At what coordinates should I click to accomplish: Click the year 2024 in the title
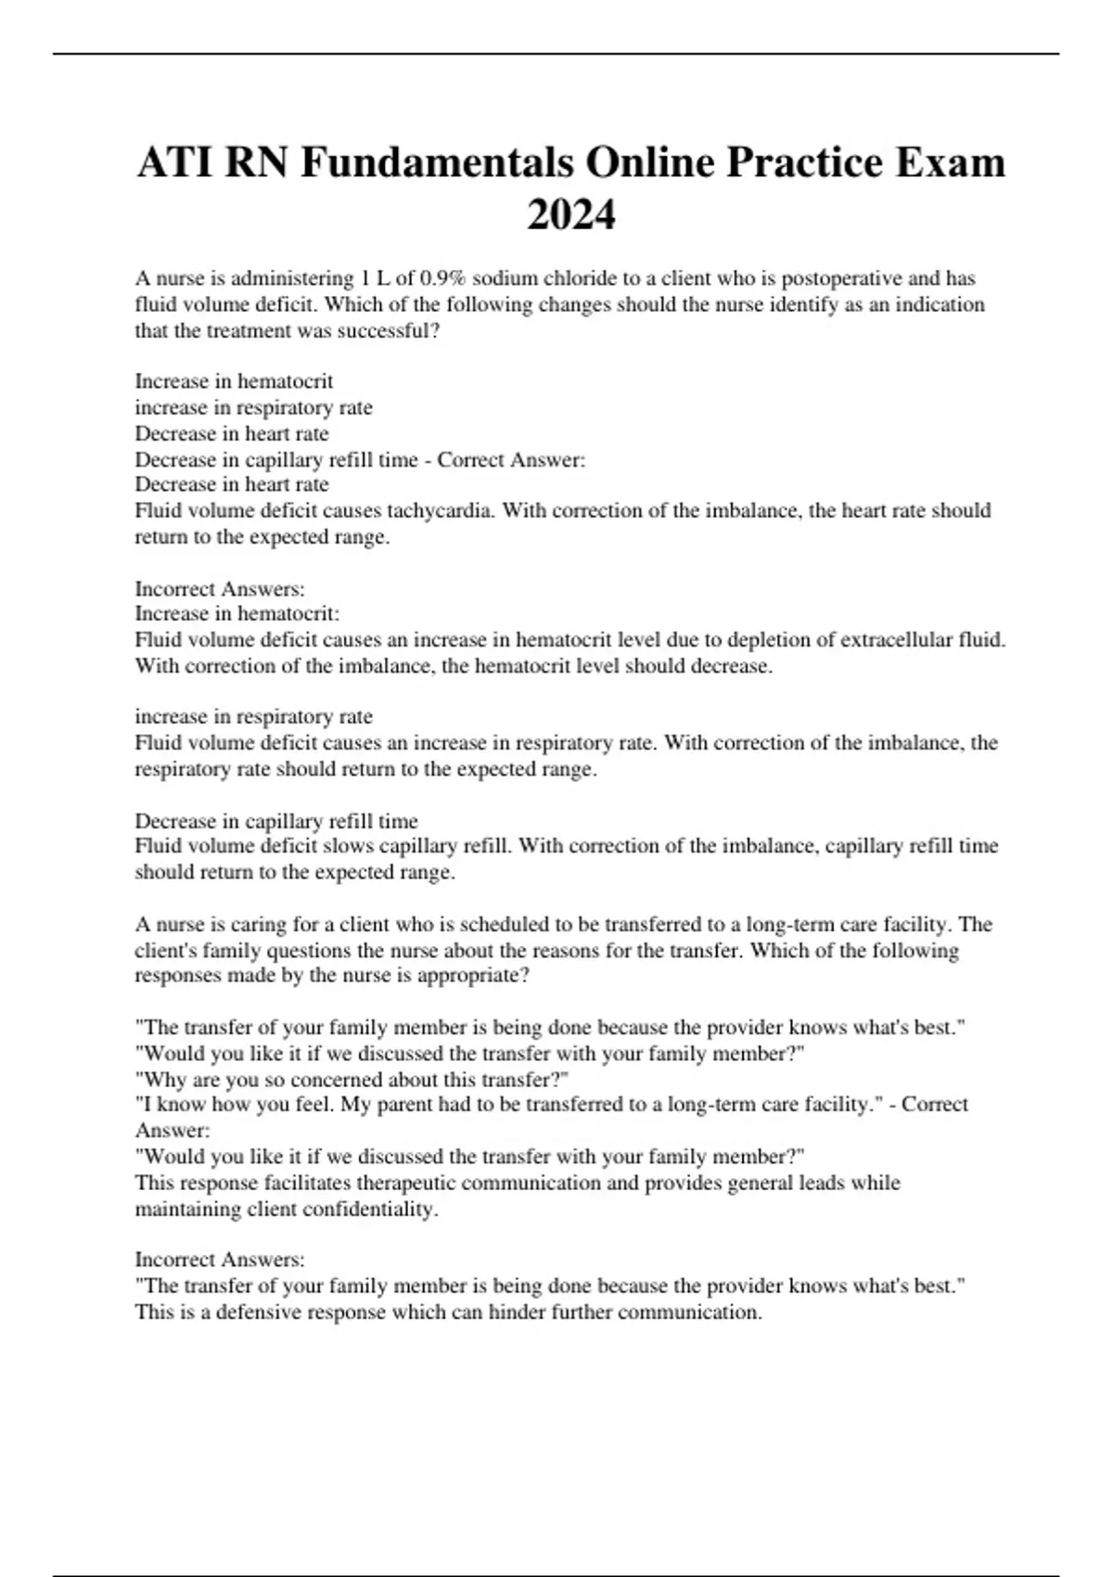pyautogui.click(x=570, y=215)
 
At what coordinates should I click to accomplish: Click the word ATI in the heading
pyautogui.click(x=173, y=163)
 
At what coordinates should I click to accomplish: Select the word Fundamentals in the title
pyautogui.click(x=436, y=163)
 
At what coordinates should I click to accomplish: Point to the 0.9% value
pyautogui.click(x=444, y=278)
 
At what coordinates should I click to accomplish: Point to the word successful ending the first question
pyautogui.click(x=390, y=331)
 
